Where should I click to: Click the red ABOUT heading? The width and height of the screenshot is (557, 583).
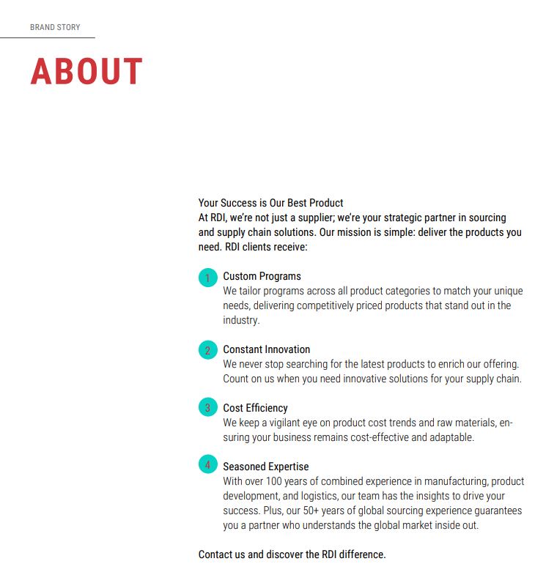pyautogui.click(x=86, y=72)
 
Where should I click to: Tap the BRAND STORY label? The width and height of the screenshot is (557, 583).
pyautogui.click(x=55, y=27)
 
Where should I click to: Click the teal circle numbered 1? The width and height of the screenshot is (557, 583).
pyautogui.click(x=208, y=278)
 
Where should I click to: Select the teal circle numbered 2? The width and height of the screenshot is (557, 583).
pyautogui.click(x=208, y=350)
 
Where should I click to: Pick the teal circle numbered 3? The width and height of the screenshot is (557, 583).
pyautogui.click(x=208, y=408)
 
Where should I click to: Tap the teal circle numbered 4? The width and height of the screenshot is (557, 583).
pyautogui.click(x=208, y=464)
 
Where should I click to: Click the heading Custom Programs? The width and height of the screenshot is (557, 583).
pyautogui.click(x=262, y=276)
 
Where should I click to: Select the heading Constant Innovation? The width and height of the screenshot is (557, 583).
pyautogui.click(x=266, y=349)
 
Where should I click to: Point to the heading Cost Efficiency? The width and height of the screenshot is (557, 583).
pyautogui.click(x=255, y=408)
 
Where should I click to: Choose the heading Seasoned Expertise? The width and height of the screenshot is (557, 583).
pyautogui.click(x=265, y=467)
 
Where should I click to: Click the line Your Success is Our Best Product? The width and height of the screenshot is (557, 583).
pyautogui.click(x=270, y=203)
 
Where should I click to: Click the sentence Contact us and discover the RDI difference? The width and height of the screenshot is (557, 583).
pyautogui.click(x=292, y=554)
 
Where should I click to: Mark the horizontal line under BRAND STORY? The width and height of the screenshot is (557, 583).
pyautogui.click(x=48, y=37)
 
